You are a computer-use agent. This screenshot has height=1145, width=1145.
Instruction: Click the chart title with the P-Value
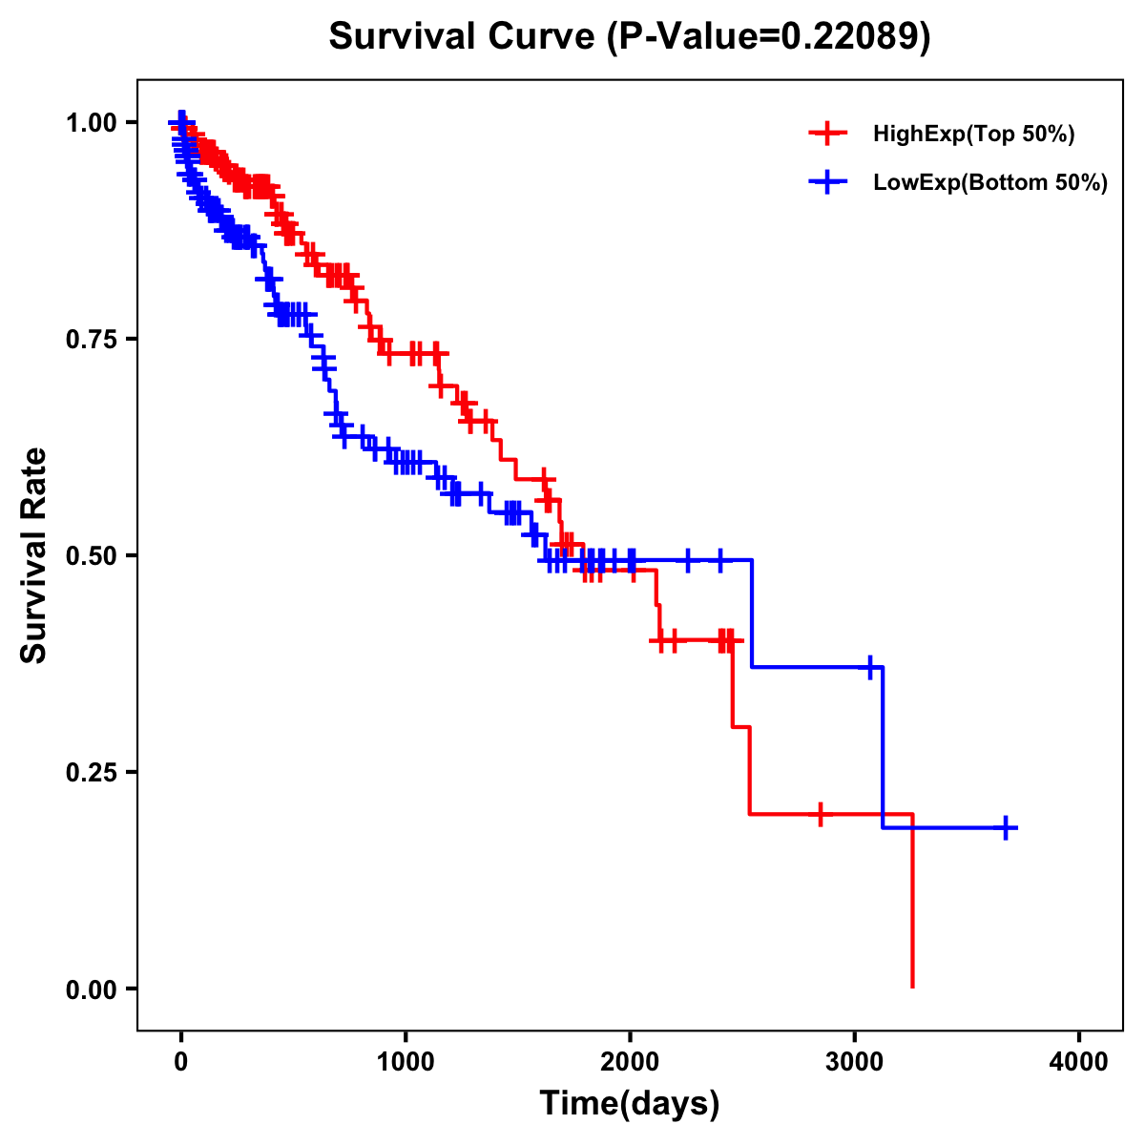pos(629,36)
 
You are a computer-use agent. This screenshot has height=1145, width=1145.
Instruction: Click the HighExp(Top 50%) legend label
pos(973,135)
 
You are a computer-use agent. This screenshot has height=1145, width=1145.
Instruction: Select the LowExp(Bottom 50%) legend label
pos(989,183)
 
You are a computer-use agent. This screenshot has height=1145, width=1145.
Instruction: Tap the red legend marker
pos(827,135)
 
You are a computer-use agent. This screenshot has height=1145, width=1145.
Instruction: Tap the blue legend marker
pos(827,182)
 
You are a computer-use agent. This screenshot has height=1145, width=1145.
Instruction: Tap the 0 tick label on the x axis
pos(181,1062)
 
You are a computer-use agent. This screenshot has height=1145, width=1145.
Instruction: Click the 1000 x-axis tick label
pos(406,1062)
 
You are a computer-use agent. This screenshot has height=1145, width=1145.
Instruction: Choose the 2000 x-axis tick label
pos(630,1062)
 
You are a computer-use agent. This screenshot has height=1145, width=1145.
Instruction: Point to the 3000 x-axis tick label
pos(855,1062)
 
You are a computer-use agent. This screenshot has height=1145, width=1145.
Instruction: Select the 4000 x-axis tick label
pos(1079,1062)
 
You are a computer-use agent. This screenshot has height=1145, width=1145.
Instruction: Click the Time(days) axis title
pos(629,1104)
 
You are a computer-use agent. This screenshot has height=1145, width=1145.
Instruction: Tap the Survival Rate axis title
pos(34,555)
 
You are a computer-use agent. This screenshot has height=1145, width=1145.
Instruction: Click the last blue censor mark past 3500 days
pos(1005,827)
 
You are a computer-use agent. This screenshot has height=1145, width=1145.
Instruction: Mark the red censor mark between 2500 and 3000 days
pos(820,814)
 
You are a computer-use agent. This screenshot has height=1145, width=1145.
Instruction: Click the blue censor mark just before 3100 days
pos(870,667)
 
